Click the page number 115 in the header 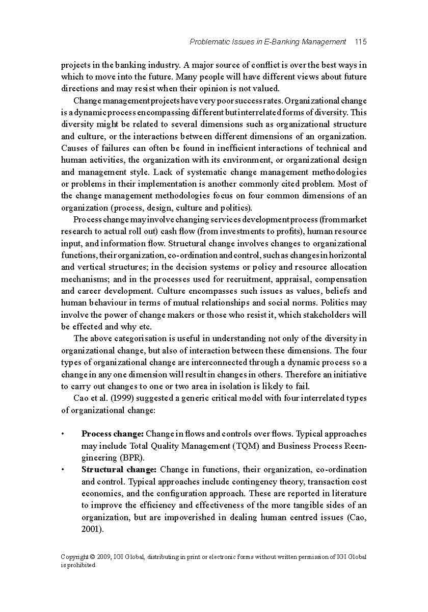pyautogui.click(x=361, y=42)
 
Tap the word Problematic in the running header pyautogui.click(x=209, y=42)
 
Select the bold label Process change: pyautogui.click(x=113, y=434)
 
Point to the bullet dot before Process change pyautogui.click(x=62, y=435)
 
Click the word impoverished pyautogui.click(x=176, y=517)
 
